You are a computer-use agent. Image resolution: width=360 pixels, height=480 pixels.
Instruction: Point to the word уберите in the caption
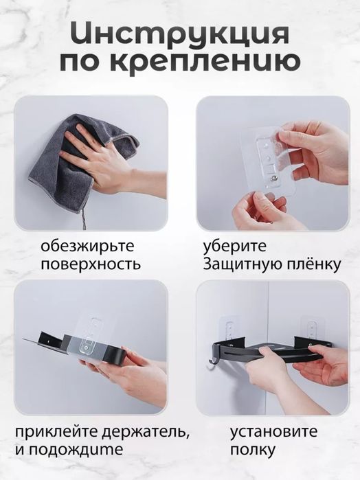click(234, 247)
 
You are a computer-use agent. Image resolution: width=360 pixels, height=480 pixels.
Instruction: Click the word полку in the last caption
click(253, 450)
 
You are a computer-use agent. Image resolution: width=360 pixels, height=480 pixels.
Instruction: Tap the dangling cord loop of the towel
click(82, 220)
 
